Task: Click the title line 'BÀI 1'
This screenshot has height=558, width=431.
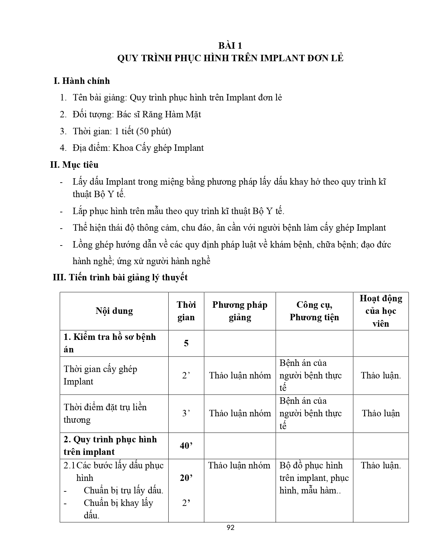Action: pyautogui.click(x=230, y=46)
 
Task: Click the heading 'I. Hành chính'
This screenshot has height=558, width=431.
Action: pyautogui.click(x=82, y=81)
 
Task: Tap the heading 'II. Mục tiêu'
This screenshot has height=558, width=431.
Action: pyautogui.click(x=74, y=165)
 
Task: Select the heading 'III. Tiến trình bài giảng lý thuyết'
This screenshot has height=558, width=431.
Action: pyautogui.click(x=120, y=277)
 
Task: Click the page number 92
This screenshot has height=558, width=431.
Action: pyautogui.click(x=231, y=528)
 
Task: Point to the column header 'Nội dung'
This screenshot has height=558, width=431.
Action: pyautogui.click(x=114, y=311)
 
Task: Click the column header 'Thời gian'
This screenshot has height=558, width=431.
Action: pyautogui.click(x=186, y=311)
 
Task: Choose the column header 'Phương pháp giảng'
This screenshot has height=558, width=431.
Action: pyautogui.click(x=240, y=311)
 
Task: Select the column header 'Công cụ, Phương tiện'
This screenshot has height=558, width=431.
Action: pyautogui.click(x=314, y=311)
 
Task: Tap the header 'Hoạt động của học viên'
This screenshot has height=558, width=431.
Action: pyautogui.click(x=381, y=311)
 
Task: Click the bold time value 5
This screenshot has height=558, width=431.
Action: pyautogui.click(x=186, y=343)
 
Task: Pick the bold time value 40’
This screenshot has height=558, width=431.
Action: pyautogui.click(x=186, y=446)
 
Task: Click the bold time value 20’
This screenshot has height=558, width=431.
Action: pyautogui.click(x=186, y=478)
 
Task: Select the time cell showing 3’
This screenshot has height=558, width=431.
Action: pyautogui.click(x=186, y=413)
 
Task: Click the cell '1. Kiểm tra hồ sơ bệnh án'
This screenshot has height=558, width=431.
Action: pyautogui.click(x=110, y=343)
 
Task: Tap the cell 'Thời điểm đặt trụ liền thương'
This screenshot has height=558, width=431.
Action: pyautogui.click(x=105, y=413)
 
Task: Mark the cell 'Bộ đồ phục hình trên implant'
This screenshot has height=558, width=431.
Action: pyautogui.click(x=314, y=471)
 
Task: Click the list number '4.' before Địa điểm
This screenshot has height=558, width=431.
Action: pyautogui.click(x=63, y=148)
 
